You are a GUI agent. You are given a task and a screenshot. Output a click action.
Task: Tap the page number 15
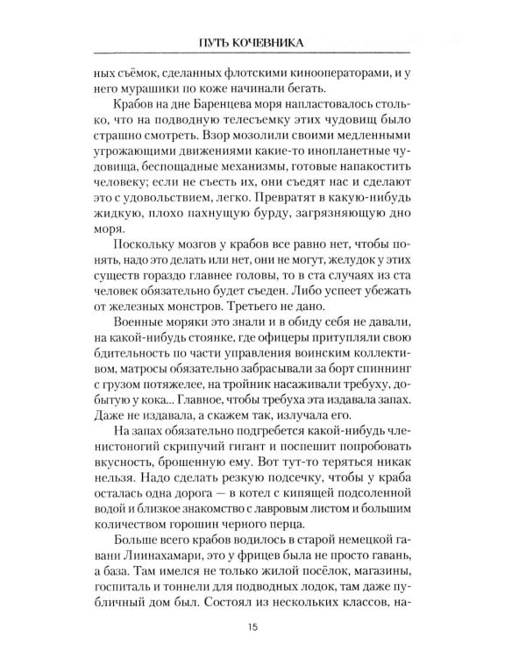pos(262,625)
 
